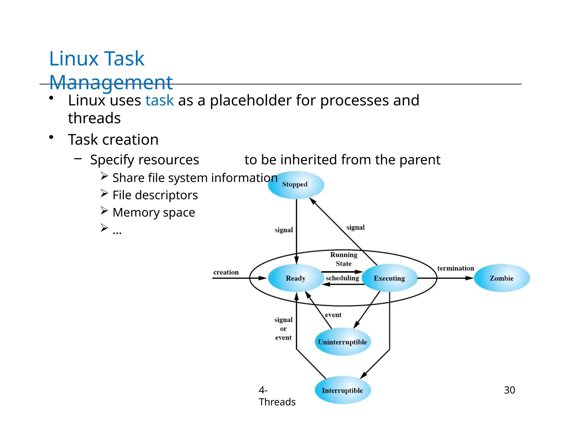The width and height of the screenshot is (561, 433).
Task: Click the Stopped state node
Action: [296, 185]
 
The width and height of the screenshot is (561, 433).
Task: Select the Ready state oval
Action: [296, 278]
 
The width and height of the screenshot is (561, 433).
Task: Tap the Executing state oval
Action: [389, 278]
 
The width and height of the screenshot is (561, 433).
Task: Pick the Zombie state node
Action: [502, 278]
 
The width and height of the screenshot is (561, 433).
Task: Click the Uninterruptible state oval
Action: [342, 342]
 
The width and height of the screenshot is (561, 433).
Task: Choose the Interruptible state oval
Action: [342, 390]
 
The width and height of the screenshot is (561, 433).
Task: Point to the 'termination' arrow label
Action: [456, 268]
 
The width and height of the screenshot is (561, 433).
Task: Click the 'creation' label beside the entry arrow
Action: [226, 272]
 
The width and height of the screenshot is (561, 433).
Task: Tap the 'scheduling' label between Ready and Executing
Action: [342, 278]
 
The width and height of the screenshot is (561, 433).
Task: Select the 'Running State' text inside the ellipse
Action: [344, 259]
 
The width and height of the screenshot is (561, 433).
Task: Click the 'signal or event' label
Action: [284, 329]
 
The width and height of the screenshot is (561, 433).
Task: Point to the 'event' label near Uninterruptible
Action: [333, 315]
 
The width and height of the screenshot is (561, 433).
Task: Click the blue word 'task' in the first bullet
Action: [159, 100]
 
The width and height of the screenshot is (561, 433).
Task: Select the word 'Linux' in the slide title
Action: [74, 59]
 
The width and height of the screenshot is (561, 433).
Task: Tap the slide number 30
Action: [509, 390]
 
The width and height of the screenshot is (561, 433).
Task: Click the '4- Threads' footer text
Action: [277, 396]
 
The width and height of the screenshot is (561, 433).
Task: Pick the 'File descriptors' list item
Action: [155, 195]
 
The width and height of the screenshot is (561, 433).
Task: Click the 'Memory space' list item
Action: [154, 212]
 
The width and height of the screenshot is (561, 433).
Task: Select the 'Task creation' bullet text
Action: [113, 140]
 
